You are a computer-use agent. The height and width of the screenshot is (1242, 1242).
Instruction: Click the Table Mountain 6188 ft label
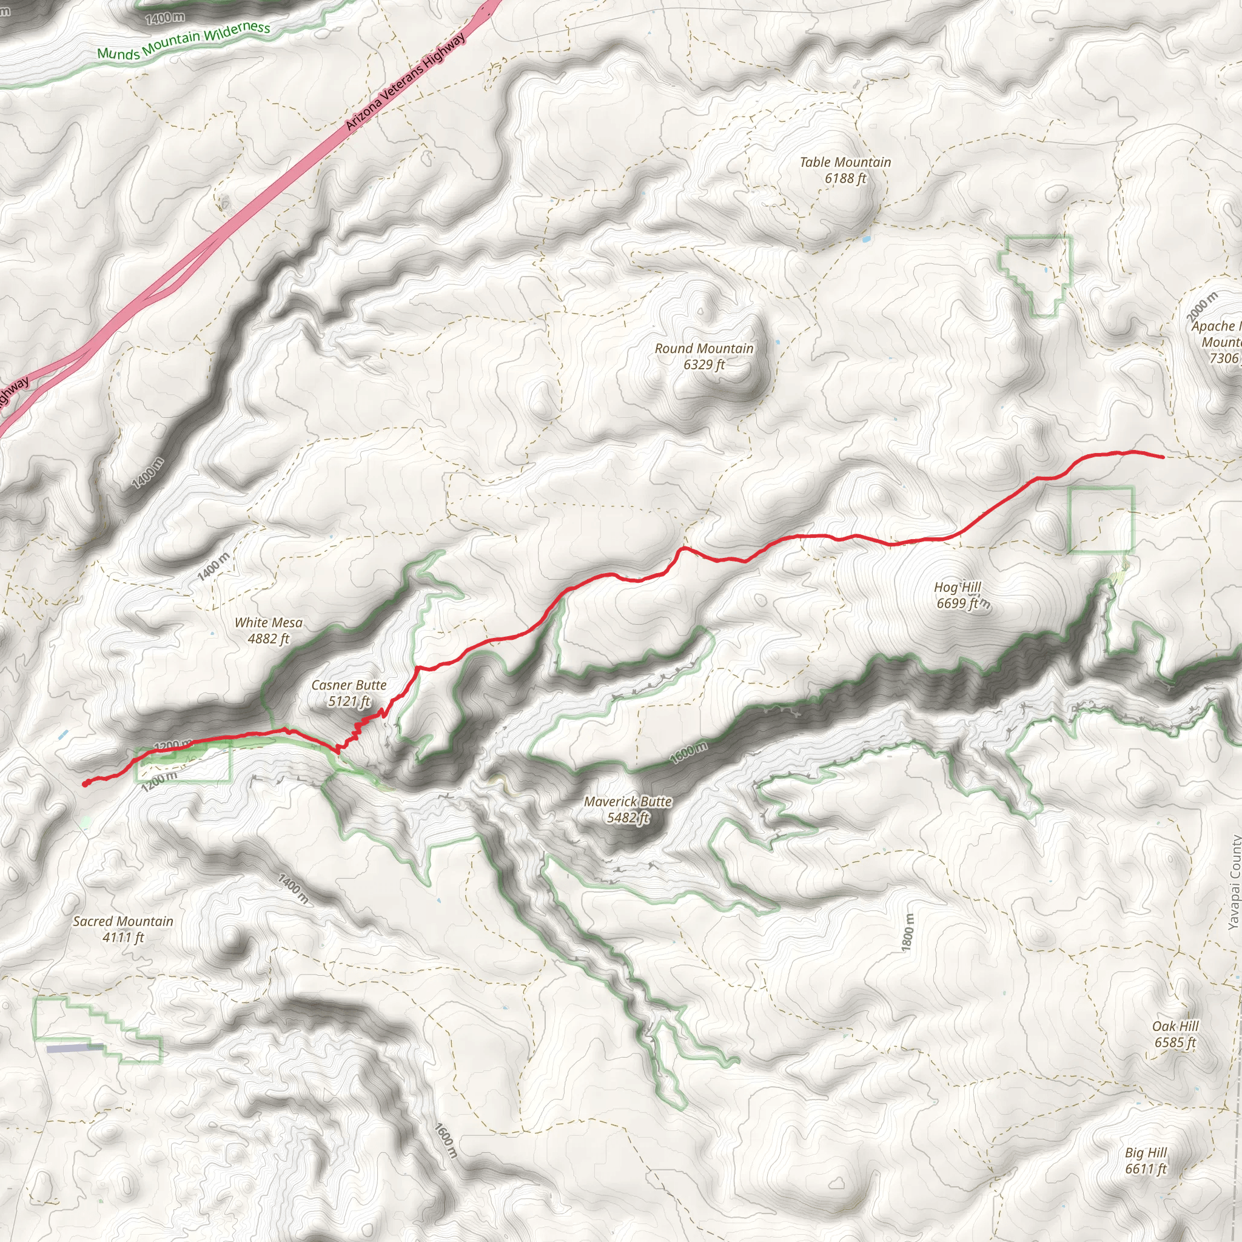point(845,170)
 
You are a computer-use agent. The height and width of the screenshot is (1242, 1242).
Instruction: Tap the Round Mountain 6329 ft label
point(704,356)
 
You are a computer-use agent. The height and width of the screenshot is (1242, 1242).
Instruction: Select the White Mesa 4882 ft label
point(268,630)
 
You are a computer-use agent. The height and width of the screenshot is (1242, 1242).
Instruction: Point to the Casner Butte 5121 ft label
point(349,693)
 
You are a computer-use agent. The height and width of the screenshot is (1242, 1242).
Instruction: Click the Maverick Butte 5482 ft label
point(628,810)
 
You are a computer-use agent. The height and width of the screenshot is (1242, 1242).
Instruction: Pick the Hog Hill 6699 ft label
point(958,595)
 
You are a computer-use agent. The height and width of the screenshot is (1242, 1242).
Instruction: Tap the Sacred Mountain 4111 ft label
point(123,929)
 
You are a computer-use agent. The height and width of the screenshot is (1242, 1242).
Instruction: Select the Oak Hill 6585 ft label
point(1175,1034)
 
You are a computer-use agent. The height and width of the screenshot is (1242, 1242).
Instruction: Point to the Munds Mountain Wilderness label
point(183,40)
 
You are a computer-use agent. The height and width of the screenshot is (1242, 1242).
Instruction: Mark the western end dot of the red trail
point(86,784)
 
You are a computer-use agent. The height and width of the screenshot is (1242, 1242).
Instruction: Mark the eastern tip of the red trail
point(1163,457)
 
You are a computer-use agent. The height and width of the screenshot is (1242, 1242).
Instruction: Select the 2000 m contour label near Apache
point(1201,307)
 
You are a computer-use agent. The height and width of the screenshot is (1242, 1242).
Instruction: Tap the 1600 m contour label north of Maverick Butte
point(688,752)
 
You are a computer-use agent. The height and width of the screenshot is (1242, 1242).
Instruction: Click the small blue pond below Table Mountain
point(865,239)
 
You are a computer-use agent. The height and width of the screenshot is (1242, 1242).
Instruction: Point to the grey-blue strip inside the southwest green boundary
point(74,1049)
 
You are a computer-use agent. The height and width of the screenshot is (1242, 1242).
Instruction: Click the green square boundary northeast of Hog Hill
point(1101,520)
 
